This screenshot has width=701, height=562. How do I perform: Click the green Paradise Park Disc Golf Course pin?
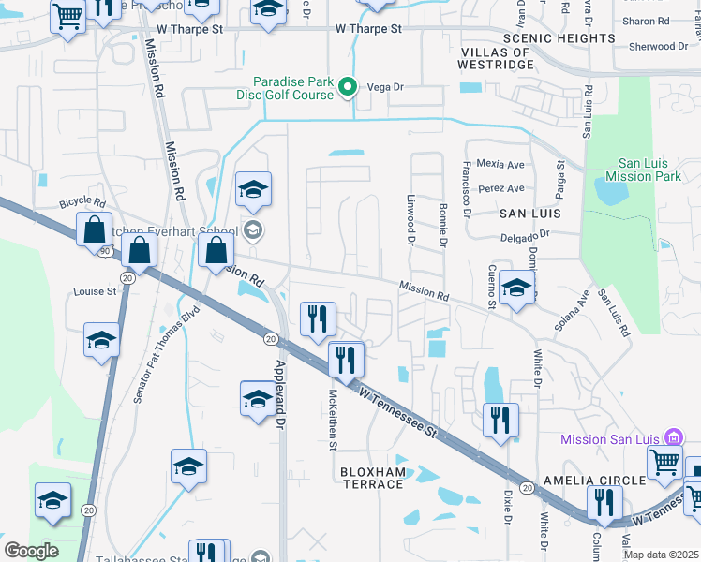(x=348, y=88)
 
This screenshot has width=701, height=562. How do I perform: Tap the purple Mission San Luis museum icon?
(x=672, y=437)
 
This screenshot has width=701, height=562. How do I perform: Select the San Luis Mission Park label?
(x=642, y=168)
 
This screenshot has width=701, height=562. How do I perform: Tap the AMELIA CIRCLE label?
(x=601, y=480)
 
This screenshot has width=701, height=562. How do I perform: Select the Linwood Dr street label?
(x=410, y=221)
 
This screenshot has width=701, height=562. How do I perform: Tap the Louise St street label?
(x=95, y=291)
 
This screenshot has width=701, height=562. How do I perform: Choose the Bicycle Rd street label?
(x=82, y=202)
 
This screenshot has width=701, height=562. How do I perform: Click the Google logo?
(x=32, y=550)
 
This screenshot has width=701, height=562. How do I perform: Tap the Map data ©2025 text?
(x=660, y=555)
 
